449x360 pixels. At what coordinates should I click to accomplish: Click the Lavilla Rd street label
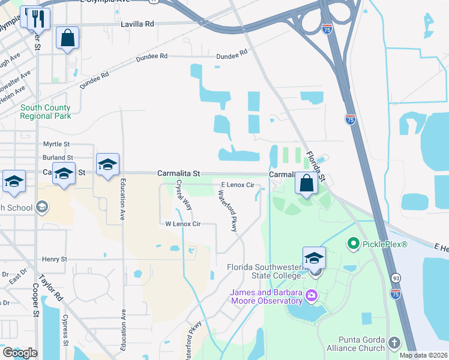137,24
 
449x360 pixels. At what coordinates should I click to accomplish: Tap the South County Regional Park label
45,112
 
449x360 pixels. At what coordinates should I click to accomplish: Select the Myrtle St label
56,145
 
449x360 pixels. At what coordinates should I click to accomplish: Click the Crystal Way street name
184,195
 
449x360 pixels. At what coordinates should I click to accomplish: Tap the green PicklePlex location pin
353,244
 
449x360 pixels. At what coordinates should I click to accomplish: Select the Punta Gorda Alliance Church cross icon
394,343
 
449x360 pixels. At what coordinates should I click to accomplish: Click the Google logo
19,353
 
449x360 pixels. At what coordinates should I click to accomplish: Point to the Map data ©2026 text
423,355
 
